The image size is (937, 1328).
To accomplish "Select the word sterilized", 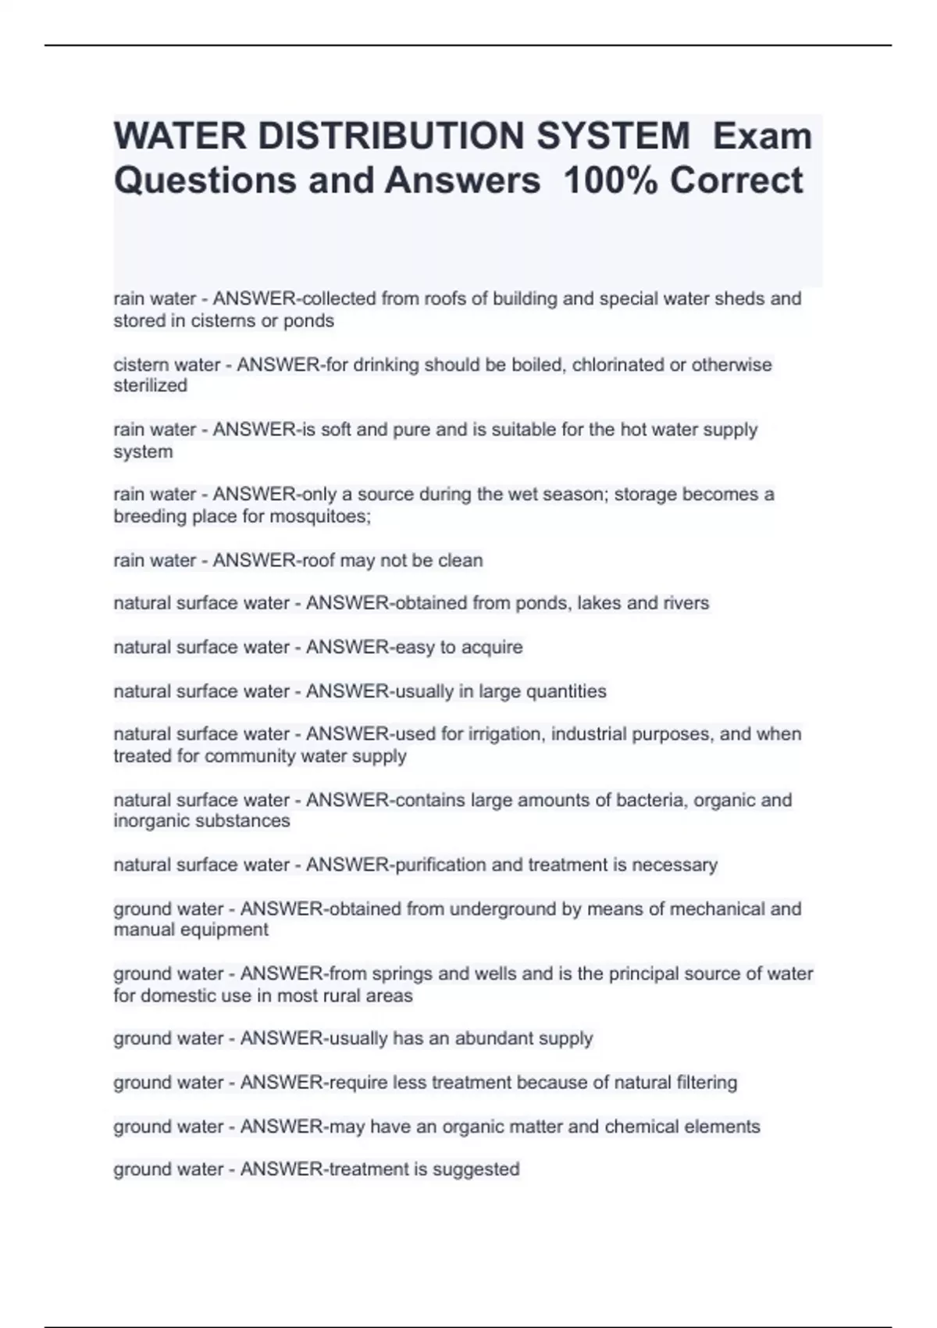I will tap(151, 386).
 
